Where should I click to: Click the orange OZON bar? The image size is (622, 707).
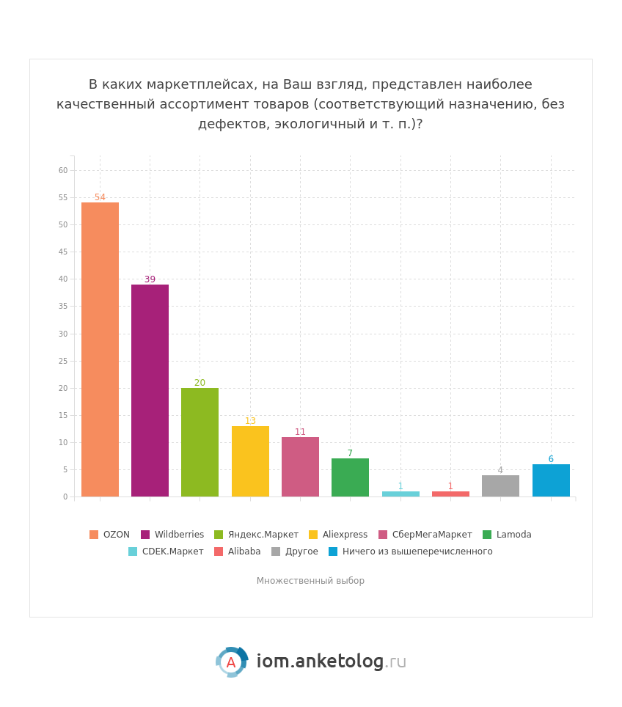(100, 350)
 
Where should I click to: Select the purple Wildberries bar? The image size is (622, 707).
(150, 391)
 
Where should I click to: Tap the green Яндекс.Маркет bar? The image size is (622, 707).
(200, 442)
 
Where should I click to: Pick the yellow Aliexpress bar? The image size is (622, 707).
(250, 461)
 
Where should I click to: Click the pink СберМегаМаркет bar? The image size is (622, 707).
(300, 467)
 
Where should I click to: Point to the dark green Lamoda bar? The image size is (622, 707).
(350, 477)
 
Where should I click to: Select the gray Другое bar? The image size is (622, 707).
(500, 486)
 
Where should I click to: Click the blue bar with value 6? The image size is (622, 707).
(551, 480)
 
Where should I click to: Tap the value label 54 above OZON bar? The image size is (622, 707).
(100, 197)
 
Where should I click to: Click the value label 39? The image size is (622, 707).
(150, 279)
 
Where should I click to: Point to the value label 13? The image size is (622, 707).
(250, 421)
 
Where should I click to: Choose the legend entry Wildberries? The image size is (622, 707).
(179, 535)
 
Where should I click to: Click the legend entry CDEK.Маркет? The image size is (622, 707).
(172, 552)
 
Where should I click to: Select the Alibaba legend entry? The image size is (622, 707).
(244, 552)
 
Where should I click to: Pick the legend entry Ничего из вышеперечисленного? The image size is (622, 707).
(417, 552)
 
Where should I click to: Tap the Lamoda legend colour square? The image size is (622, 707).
(487, 535)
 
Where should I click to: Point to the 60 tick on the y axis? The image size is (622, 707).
(63, 170)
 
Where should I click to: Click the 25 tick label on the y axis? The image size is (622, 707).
(63, 361)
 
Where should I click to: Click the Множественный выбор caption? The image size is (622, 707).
(310, 581)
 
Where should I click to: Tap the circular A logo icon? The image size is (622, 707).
(231, 662)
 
